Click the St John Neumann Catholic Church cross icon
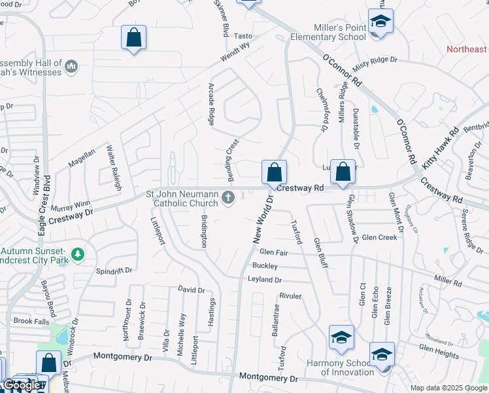228,198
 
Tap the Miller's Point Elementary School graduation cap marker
380,22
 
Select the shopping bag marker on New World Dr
275,173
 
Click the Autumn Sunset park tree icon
77,253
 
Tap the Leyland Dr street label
264,280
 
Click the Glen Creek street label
379,237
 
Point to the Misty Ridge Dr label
375,64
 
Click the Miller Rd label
448,280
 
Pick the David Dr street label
192,289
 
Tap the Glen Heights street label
439,354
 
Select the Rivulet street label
290,296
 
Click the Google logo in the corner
21,385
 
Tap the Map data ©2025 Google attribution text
448,388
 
